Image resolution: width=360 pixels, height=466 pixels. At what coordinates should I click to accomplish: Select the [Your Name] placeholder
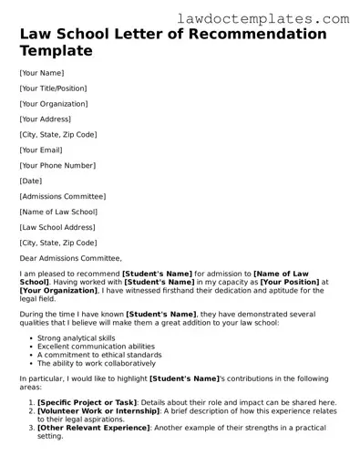point(41,72)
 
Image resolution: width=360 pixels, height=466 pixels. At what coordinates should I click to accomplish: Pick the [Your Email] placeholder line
point(42,150)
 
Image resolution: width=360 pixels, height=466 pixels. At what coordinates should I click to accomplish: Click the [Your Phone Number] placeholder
point(57,165)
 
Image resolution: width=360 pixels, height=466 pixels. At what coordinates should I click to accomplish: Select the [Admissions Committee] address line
point(62,196)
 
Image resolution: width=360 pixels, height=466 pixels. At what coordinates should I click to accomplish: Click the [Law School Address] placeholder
point(58,227)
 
